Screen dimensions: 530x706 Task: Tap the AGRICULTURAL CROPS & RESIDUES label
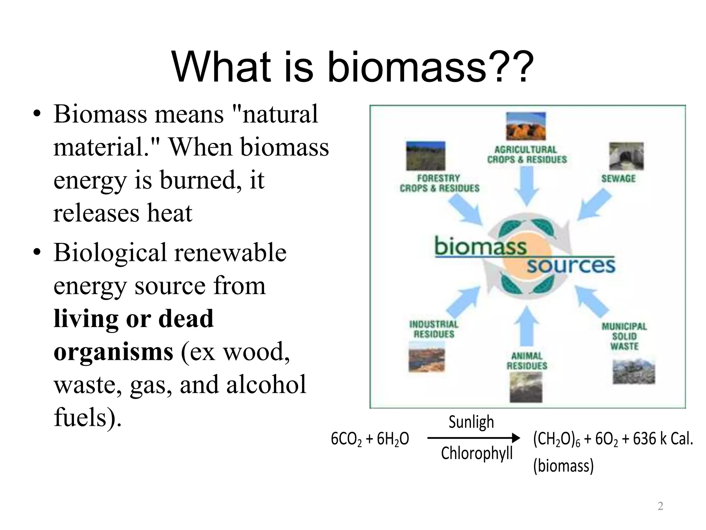(527, 155)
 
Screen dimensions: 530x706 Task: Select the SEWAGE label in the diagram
(618, 178)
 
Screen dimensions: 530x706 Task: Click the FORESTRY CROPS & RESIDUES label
(439, 183)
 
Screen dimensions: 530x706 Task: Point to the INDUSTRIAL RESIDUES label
(434, 329)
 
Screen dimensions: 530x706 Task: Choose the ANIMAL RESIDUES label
(527, 361)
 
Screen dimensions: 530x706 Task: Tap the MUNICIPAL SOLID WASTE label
(624, 336)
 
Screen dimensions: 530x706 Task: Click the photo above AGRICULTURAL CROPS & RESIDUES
(526, 126)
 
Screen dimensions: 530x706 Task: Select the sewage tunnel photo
(626, 156)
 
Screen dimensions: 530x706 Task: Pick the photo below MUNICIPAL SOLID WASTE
(634, 372)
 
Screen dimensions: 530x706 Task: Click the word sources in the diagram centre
(571, 265)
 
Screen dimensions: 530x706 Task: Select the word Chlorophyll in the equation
(477, 453)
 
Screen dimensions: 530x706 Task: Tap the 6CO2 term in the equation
(346, 439)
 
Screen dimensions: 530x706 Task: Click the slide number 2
(660, 506)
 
